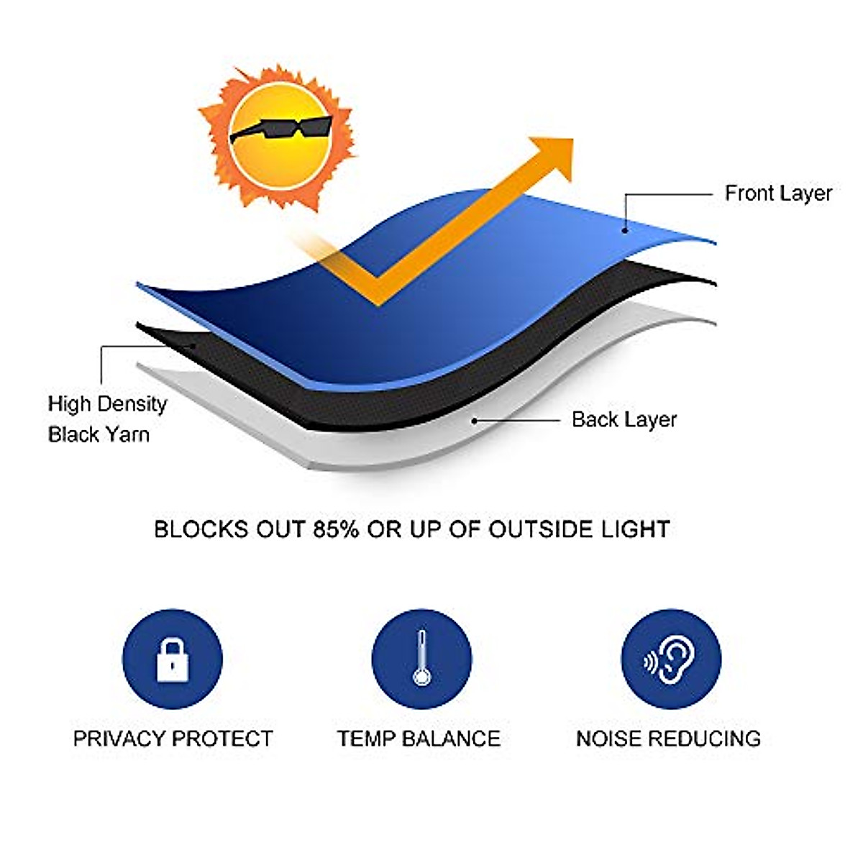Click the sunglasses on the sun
[x=280, y=130]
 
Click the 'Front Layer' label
[x=778, y=193]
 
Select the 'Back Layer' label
[x=624, y=419]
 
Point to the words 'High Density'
[x=107, y=404]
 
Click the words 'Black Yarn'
[x=99, y=434]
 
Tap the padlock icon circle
[x=173, y=659]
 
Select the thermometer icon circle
[x=421, y=659]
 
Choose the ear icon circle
[x=670, y=659]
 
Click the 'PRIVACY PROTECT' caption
[x=173, y=739]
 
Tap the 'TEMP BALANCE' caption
[x=419, y=739]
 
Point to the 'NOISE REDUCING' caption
[x=668, y=739]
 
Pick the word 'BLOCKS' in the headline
[x=193, y=530]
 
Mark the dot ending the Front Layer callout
[x=625, y=230]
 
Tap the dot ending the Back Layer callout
[x=474, y=420]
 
